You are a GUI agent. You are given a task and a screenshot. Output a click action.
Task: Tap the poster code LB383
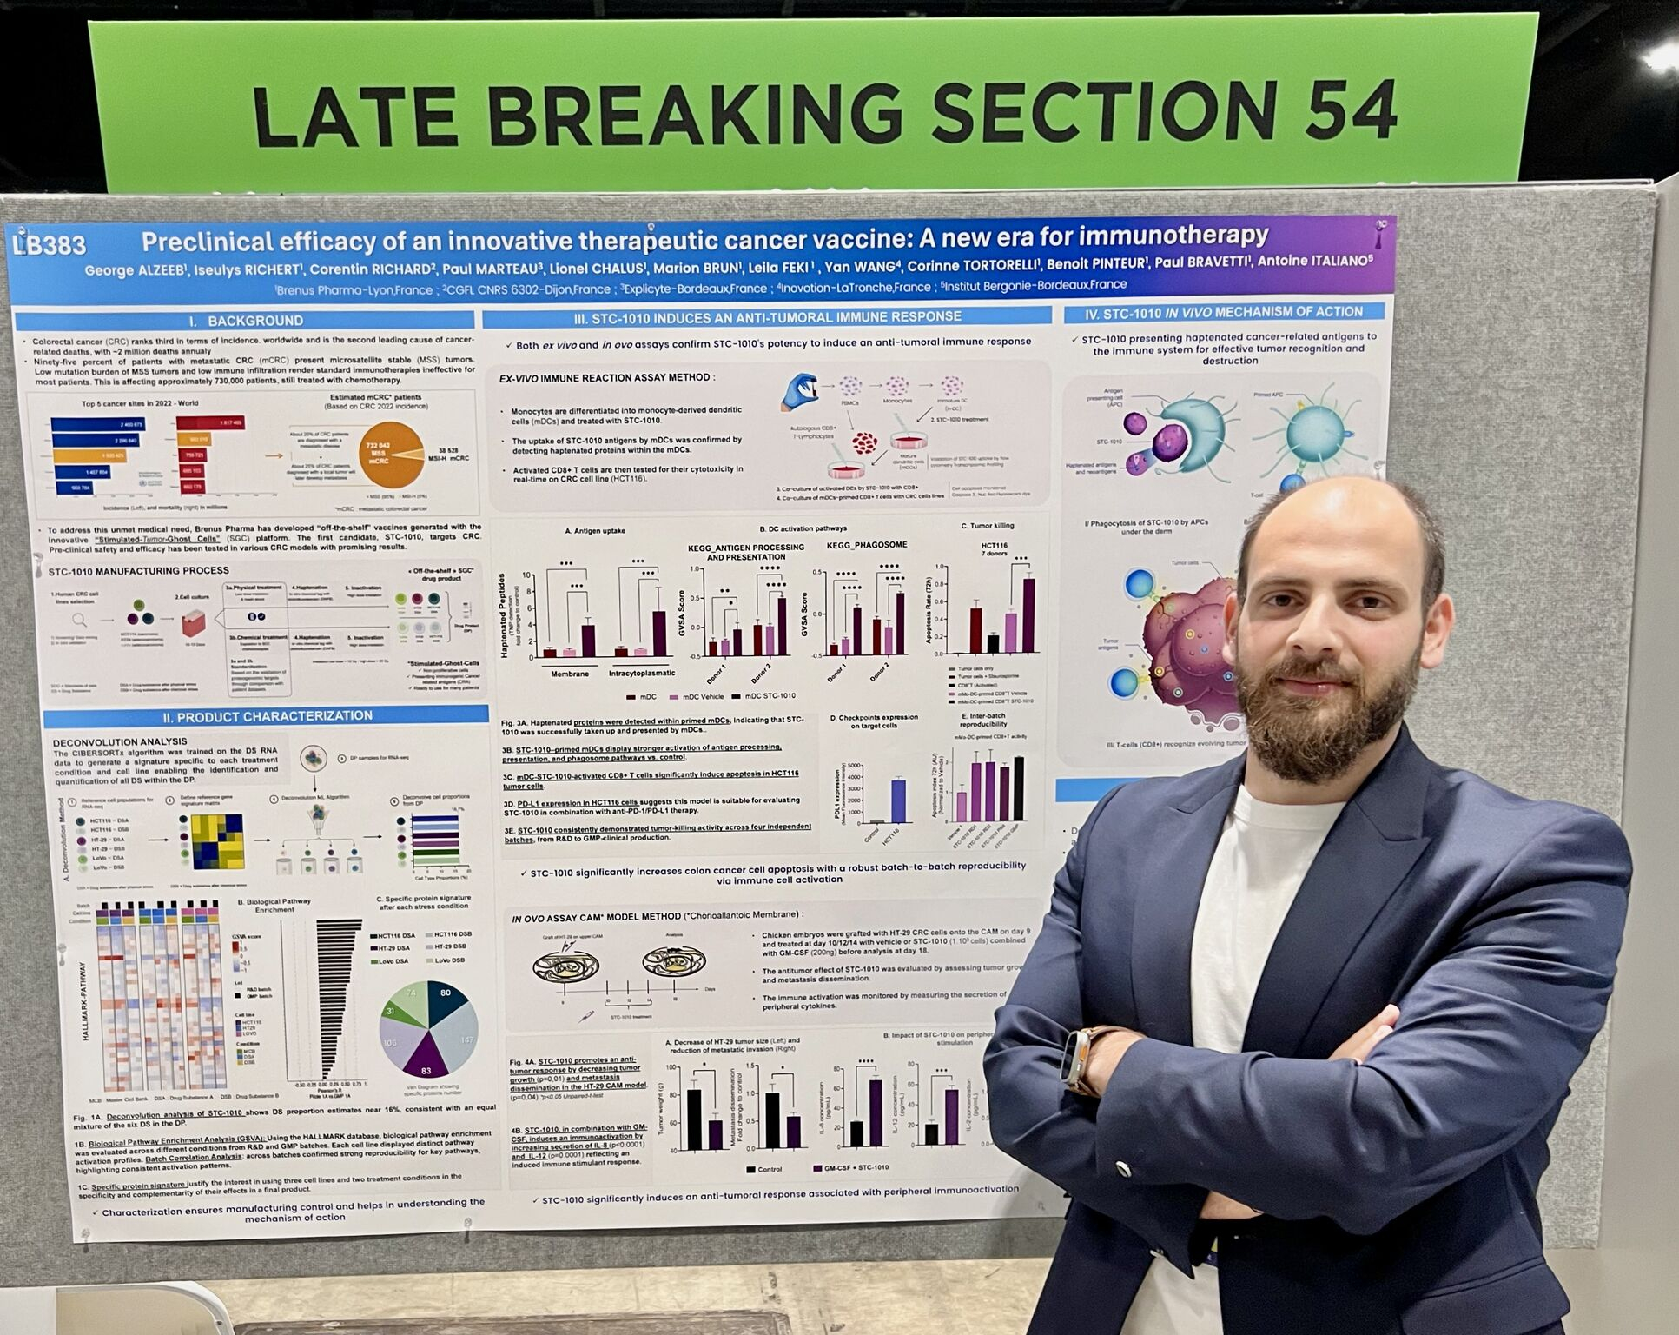click(50, 245)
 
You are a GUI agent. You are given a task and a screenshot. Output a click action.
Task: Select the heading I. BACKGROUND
click(246, 321)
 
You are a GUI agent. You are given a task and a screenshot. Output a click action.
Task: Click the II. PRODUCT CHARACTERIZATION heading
click(267, 716)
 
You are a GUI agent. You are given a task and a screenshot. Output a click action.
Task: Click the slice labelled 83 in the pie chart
click(426, 1061)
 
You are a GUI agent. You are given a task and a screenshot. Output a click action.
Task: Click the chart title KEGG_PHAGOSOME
click(866, 545)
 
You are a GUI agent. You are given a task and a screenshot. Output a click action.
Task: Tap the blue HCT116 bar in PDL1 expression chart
click(898, 800)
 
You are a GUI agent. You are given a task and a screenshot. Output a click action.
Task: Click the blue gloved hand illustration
click(798, 392)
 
